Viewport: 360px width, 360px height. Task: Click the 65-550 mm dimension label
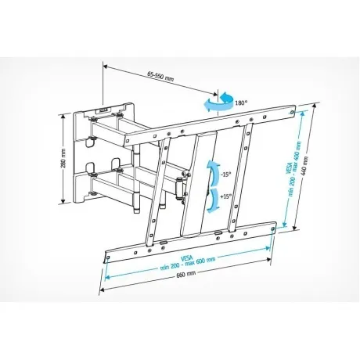[160, 76]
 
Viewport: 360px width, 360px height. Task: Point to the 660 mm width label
[186, 274]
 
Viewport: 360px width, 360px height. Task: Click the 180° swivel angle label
[241, 103]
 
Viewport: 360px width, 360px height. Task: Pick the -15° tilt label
[225, 175]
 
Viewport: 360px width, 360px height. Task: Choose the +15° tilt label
[225, 196]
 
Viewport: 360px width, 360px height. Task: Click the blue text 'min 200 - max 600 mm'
[188, 264]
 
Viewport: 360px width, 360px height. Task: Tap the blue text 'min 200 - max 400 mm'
[294, 168]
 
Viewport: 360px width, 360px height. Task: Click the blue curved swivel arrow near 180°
[218, 103]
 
